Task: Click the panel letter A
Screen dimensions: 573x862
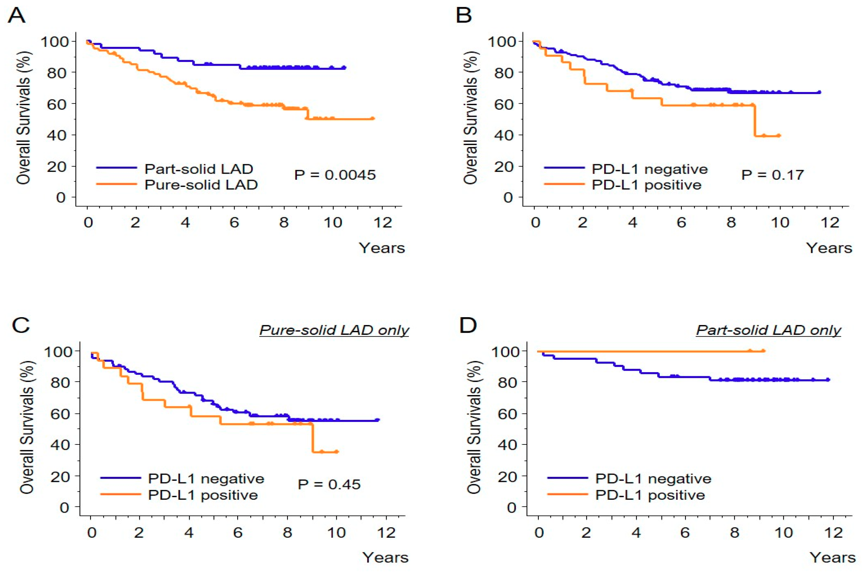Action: (x=17, y=15)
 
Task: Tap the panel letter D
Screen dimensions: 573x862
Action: (x=468, y=325)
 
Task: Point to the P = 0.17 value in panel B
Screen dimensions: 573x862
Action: (x=772, y=175)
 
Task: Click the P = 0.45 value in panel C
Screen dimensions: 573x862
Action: (x=329, y=484)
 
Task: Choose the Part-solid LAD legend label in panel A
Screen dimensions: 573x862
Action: (x=199, y=169)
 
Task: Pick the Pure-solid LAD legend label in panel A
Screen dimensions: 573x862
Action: (x=201, y=185)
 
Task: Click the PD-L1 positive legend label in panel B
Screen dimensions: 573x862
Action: (x=646, y=185)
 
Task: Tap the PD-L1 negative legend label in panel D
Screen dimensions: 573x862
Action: (x=653, y=478)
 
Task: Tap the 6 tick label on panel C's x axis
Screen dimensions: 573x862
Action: (x=238, y=532)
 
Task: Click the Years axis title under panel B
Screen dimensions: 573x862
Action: (x=829, y=248)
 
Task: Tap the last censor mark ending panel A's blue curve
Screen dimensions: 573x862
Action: (x=344, y=68)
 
